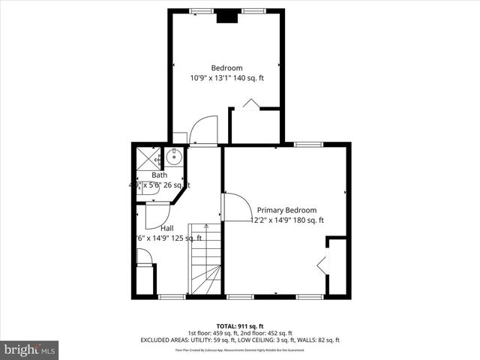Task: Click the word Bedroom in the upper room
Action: [x=226, y=67]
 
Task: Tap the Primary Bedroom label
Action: [x=286, y=210]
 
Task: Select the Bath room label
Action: [x=159, y=175]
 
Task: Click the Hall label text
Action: [x=157, y=227]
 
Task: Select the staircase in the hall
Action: [x=205, y=259]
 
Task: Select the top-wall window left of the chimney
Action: [x=200, y=10]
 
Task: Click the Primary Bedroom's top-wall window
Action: [x=303, y=144]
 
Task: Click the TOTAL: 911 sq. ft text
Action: [x=239, y=326]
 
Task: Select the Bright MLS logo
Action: [x=30, y=349]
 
